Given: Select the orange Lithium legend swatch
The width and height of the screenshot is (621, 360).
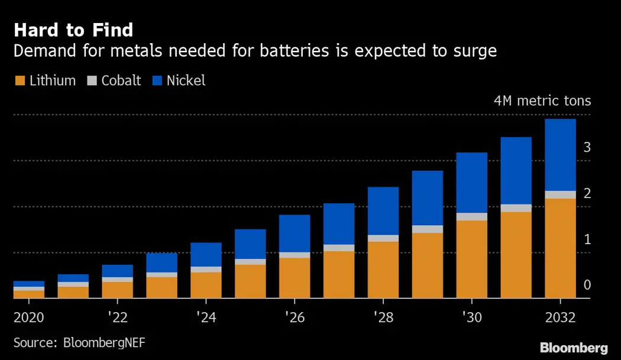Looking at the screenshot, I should point(19,81).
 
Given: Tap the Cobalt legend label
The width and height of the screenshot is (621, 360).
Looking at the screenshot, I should point(121,81).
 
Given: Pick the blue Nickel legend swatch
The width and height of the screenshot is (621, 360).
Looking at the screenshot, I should point(157,81).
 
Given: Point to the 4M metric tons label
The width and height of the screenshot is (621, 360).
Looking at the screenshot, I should point(542,100).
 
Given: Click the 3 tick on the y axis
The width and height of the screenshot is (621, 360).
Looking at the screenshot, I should point(587,147).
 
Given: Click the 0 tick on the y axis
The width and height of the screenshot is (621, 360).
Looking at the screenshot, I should point(587,286).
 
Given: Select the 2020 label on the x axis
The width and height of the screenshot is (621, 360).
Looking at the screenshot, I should point(29,317).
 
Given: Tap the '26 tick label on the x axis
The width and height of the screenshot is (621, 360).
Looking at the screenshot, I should point(294,317).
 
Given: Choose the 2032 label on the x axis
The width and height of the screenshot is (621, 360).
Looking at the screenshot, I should point(560,317).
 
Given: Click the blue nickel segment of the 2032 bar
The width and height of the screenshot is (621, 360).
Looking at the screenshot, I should point(560,155).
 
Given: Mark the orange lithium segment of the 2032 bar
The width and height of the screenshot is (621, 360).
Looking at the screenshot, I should point(560,248).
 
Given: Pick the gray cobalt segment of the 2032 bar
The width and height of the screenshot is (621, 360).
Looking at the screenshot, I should point(560,195).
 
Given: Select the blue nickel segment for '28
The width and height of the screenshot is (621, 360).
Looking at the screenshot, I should point(383,211).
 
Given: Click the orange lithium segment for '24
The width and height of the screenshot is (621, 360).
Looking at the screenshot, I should point(206,285).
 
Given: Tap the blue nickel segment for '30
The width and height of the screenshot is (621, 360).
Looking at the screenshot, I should point(471,183).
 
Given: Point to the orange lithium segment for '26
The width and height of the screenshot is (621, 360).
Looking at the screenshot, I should point(294,278).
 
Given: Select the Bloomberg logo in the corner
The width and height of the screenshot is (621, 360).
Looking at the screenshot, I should point(574,348).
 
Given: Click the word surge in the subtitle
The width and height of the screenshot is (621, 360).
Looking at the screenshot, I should point(473,51).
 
